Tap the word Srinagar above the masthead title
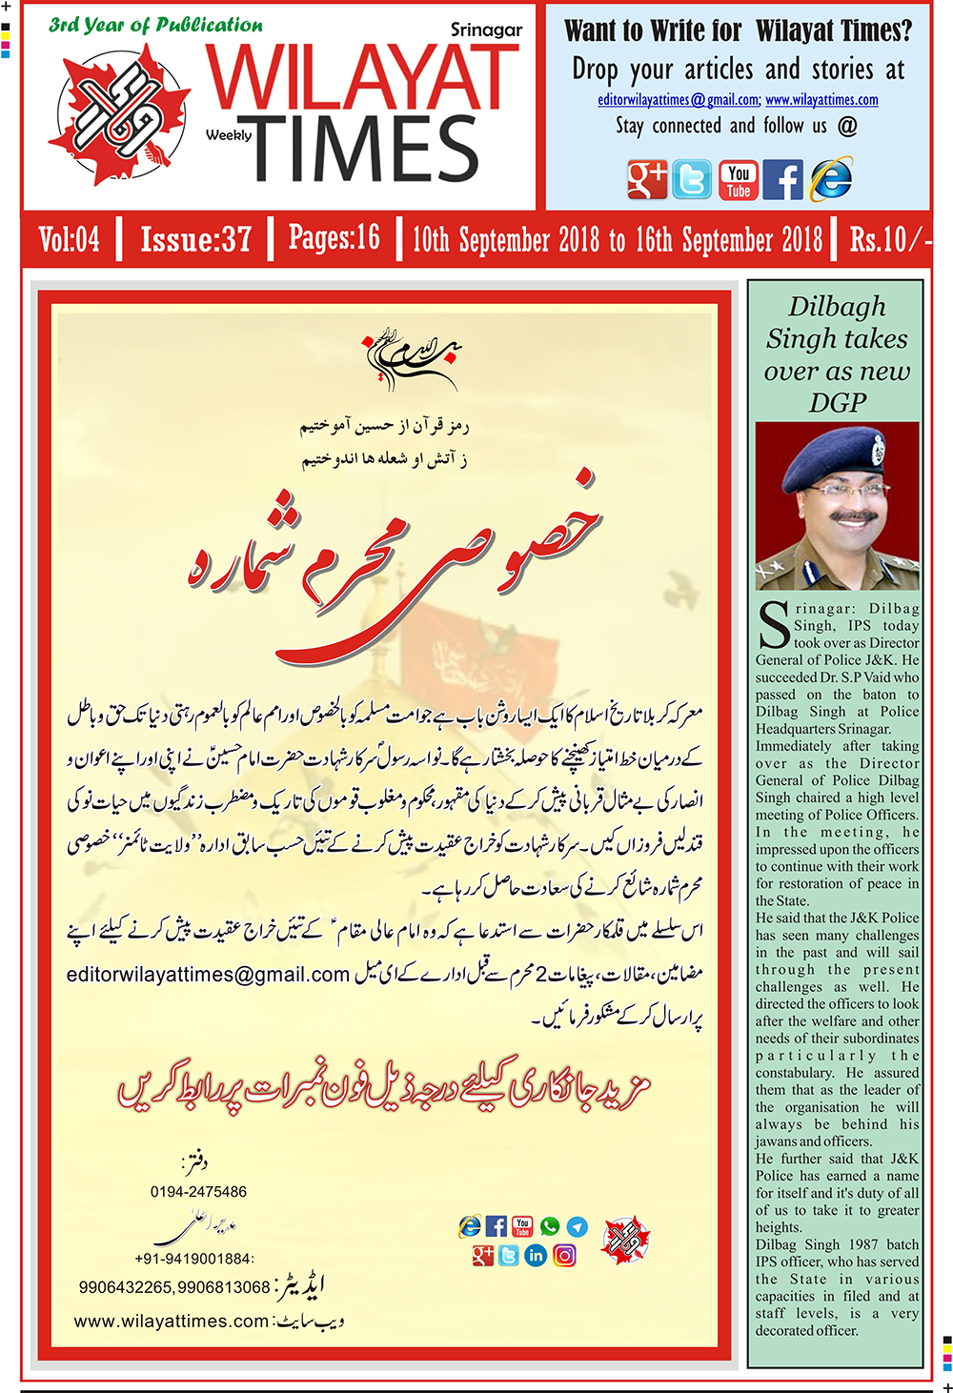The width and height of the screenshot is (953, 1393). pyautogui.click(x=486, y=30)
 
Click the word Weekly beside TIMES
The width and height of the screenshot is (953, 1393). pyautogui.click(x=229, y=135)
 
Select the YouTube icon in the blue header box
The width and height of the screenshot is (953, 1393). pyautogui.click(x=739, y=179)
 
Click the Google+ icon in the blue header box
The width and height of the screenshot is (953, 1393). pyautogui.click(x=647, y=179)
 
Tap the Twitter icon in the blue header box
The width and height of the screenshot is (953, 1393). pyautogui.click(x=692, y=179)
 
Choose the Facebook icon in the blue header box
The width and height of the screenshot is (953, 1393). pyautogui.click(x=783, y=179)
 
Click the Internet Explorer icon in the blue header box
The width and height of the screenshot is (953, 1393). pyautogui.click(x=830, y=179)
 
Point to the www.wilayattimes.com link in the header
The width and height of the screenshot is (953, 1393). pyautogui.click(x=821, y=100)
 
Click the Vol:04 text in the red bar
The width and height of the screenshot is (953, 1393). pyautogui.click(x=69, y=238)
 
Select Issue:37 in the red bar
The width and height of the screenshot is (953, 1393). pyautogui.click(x=195, y=238)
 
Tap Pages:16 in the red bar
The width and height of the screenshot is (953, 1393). pyautogui.click(x=334, y=238)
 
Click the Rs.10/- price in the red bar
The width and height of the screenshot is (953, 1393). pyautogui.click(x=888, y=238)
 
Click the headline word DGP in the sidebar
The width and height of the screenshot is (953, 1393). pyautogui.click(x=837, y=403)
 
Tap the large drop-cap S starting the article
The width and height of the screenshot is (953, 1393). pyautogui.click(x=773, y=626)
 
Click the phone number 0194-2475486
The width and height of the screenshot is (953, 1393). pyautogui.click(x=198, y=1192)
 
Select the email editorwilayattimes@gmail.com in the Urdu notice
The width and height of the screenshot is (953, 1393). pyautogui.click(x=209, y=975)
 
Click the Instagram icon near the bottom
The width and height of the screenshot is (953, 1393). pyautogui.click(x=564, y=1256)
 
